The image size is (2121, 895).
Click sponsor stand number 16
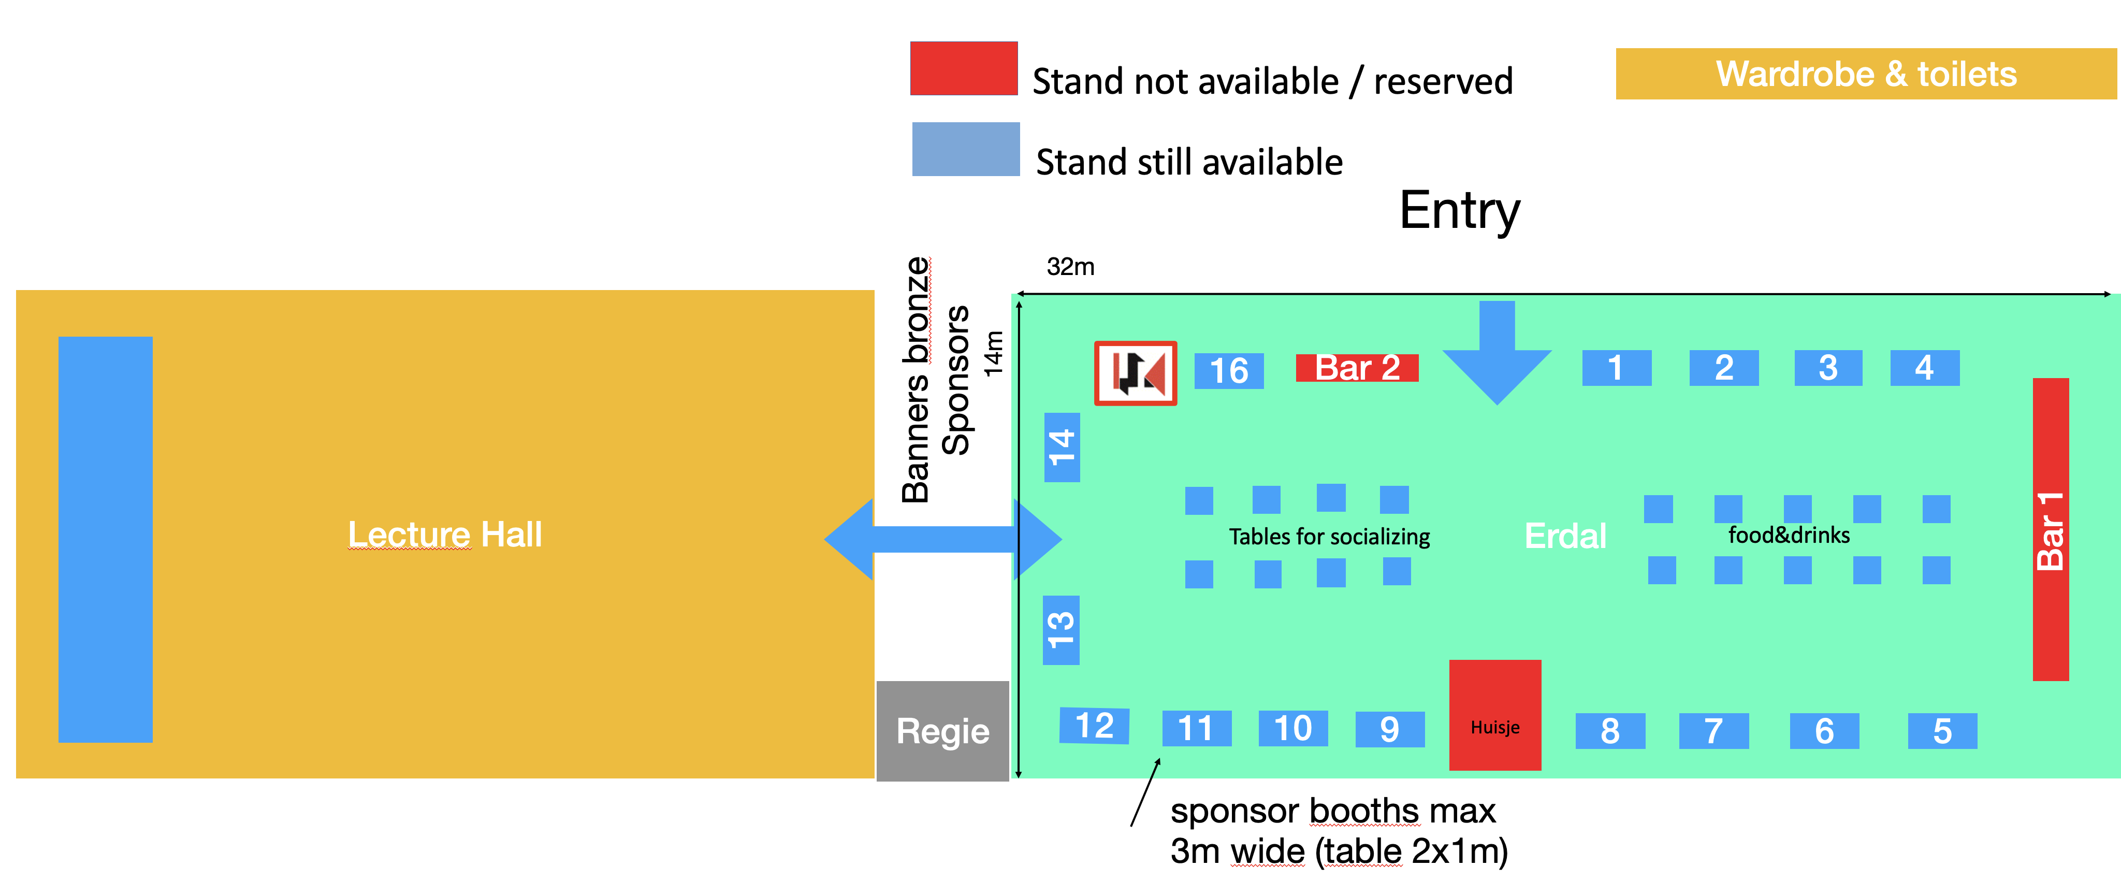1228,370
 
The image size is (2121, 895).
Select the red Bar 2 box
1357,367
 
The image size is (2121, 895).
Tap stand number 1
1616,367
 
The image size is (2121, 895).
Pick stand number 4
1924,367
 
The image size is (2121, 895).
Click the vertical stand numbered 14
1062,447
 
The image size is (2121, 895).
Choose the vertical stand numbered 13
1060,630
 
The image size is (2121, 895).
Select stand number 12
1094,726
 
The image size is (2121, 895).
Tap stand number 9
1390,729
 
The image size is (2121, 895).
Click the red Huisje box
1494,715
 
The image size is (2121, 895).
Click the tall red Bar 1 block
2050,529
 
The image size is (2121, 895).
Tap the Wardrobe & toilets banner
1866,74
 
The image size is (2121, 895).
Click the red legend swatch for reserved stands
963,68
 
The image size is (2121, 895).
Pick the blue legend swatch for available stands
965,149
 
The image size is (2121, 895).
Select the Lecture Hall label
445,535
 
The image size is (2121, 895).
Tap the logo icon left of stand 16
1135,373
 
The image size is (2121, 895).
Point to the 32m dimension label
1070,267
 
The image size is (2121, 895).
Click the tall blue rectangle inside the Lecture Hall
106,539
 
